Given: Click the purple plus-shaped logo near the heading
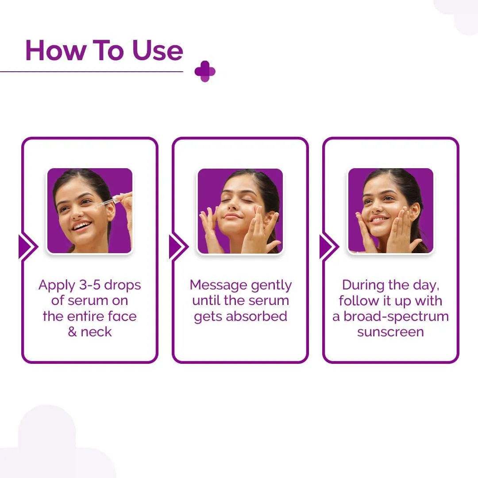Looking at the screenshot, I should (x=205, y=71).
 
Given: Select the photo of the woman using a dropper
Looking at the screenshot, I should (x=90, y=211).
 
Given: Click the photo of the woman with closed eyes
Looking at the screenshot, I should (x=240, y=211).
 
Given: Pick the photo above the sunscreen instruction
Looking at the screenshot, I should (x=390, y=211).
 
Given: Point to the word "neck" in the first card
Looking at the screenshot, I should (x=96, y=332).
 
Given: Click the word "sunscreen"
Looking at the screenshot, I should (x=390, y=332).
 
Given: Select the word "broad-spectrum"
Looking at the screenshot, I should (x=397, y=316).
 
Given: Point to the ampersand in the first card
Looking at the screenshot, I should (x=73, y=332).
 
